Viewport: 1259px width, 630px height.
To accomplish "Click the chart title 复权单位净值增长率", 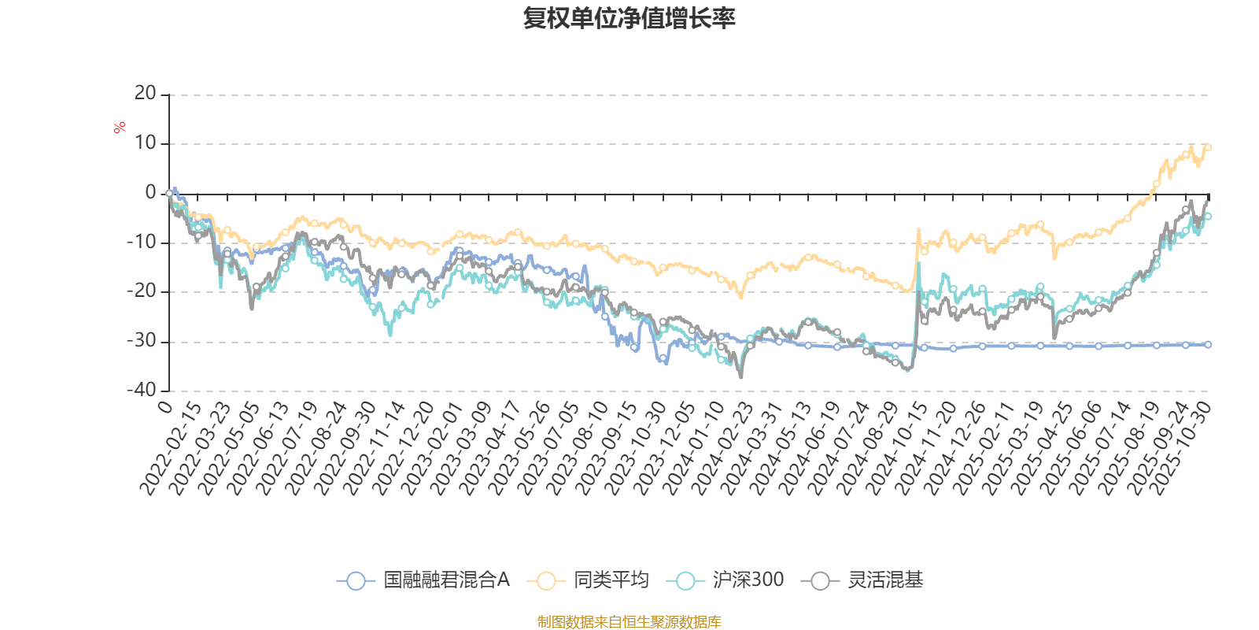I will pyautogui.click(x=629, y=18).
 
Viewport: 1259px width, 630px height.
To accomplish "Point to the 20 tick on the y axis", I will pyautogui.click(x=145, y=94).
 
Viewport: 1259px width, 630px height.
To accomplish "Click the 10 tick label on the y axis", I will pyautogui.click(x=145, y=143).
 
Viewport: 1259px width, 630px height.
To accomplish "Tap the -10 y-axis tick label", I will pyautogui.click(x=142, y=242).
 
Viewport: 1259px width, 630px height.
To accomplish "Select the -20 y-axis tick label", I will pyautogui.click(x=142, y=291).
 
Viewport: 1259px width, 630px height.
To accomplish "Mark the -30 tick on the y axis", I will pyautogui.click(x=142, y=341).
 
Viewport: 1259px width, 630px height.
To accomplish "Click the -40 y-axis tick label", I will pyautogui.click(x=142, y=390).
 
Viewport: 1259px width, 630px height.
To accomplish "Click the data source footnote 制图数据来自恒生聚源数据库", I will pyautogui.click(x=629, y=622).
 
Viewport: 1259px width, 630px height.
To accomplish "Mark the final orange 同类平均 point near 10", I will pyautogui.click(x=1208, y=147).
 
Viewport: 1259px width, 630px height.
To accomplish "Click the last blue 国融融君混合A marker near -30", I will pyautogui.click(x=1208, y=344).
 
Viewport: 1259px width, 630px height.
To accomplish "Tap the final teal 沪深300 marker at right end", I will pyautogui.click(x=1208, y=216).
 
